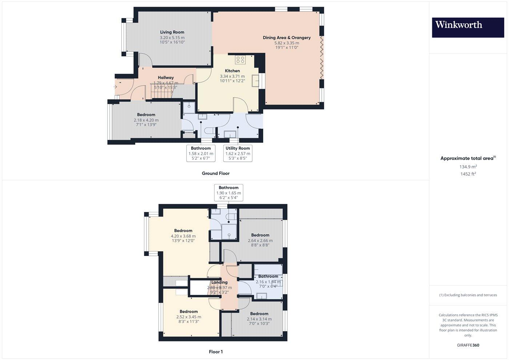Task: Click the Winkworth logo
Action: pyautogui.click(x=468, y=27)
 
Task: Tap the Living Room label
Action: pyautogui.click(x=172, y=32)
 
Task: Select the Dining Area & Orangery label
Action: pyautogui.click(x=286, y=37)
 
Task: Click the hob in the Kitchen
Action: pyautogui.click(x=240, y=59)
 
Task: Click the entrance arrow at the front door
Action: pyautogui.click(x=115, y=87)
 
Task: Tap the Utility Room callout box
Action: pyautogui.click(x=238, y=153)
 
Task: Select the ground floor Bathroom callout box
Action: pyautogui.click(x=201, y=153)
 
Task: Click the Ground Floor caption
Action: pyautogui.click(x=216, y=173)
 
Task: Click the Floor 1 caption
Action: pyautogui.click(x=216, y=352)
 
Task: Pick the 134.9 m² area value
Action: pyautogui.click(x=468, y=167)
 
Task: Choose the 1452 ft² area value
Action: pyautogui.click(x=468, y=174)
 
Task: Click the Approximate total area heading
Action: pyautogui.click(x=468, y=158)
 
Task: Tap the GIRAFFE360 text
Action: pyautogui.click(x=468, y=345)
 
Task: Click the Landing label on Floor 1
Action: pyautogui.click(x=219, y=282)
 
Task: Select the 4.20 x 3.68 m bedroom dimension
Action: pyautogui.click(x=183, y=236)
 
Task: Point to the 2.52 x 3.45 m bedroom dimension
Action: pyautogui.click(x=189, y=317)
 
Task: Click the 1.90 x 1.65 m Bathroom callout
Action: pyautogui.click(x=229, y=193)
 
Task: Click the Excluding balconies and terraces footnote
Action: pyautogui.click(x=468, y=295)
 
